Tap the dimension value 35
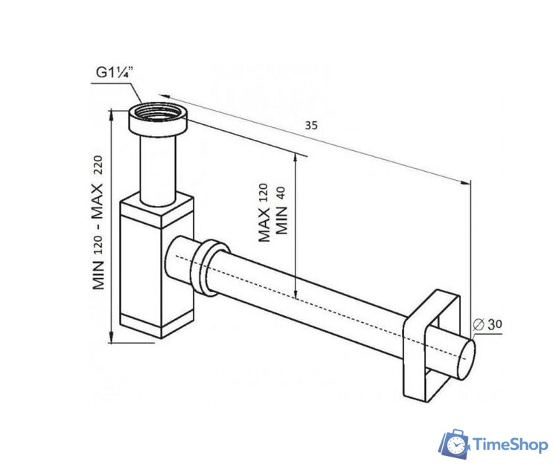tap(311, 126)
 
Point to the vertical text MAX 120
tap(263, 214)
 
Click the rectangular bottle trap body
tap(156, 260)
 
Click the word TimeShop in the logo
tap(508, 446)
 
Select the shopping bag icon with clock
tap(453, 443)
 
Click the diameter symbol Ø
tap(477, 324)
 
